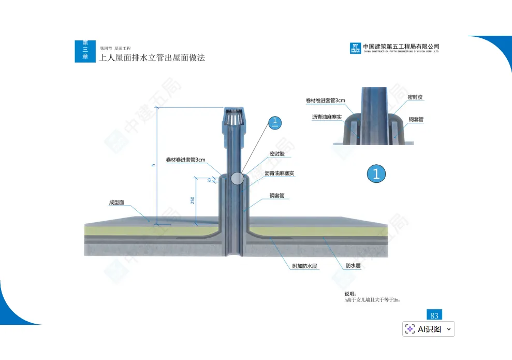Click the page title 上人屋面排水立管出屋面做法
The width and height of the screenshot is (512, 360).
152,57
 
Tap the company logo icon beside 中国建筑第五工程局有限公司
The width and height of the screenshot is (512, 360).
355,48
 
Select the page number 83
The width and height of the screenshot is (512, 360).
434,315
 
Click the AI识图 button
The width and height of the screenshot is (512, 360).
429,329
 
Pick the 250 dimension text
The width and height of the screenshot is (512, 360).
193,200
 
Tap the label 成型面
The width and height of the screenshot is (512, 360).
116,203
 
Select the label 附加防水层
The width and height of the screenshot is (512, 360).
304,266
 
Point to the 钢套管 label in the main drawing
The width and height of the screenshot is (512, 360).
277,196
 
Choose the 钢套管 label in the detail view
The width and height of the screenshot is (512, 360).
416,119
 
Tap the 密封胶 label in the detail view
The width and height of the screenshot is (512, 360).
415,97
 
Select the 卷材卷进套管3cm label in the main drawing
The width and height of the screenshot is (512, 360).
186,160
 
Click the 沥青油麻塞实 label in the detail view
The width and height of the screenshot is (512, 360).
327,117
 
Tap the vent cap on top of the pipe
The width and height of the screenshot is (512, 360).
235,119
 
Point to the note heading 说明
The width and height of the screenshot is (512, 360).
350,294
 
